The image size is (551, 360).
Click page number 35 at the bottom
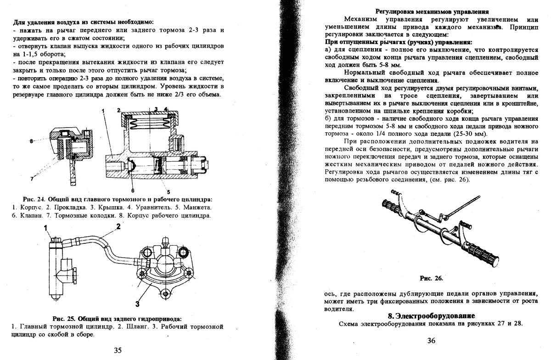pyautogui.click(x=118, y=350)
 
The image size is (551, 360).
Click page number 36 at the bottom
pyautogui.click(x=431, y=340)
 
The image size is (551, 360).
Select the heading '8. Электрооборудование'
pyautogui.click(x=431, y=316)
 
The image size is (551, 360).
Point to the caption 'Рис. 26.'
pyautogui.click(x=431, y=278)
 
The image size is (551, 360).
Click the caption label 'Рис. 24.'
pyautogui.click(x=35, y=199)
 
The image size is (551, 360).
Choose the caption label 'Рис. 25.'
pyautogui.click(x=64, y=319)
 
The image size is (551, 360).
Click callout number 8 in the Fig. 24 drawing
pyautogui.click(x=31, y=142)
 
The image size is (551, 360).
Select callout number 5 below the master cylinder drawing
pyautogui.click(x=169, y=191)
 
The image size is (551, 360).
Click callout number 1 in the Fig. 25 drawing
pyautogui.click(x=46, y=228)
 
